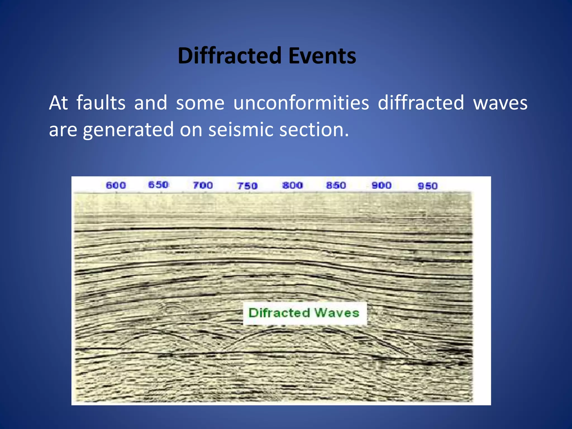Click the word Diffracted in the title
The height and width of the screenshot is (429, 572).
coord(229,56)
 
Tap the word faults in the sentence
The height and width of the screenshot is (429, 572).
coord(101,103)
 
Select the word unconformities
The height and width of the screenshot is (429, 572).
coord(301,103)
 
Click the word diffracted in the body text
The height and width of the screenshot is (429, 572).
coord(421,103)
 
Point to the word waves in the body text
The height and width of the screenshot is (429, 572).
coord(500,103)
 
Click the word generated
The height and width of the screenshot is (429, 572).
coord(128,130)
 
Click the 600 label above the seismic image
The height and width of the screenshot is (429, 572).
coord(116,185)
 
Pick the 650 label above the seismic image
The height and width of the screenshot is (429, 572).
coord(158,185)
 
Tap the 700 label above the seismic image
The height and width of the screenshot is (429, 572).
coord(203,185)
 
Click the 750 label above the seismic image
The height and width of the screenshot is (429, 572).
coord(247,186)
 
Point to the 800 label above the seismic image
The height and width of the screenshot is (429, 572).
coord(292,185)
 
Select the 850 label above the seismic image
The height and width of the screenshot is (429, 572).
coord(336,185)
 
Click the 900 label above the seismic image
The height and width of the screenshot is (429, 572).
coord(382,185)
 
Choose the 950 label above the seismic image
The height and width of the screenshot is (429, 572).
coord(428,186)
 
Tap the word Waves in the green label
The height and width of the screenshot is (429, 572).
coord(337,313)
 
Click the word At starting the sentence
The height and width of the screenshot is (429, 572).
coord(58,103)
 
